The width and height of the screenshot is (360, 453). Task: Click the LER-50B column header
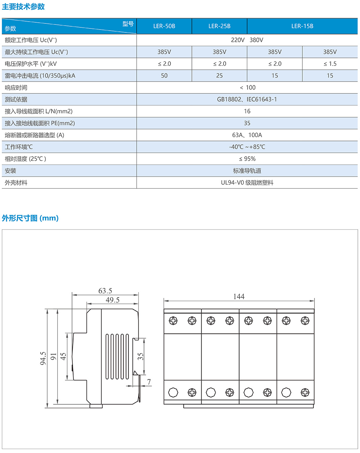164,26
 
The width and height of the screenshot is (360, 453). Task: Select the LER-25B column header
219,26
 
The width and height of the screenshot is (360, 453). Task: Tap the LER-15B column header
302,26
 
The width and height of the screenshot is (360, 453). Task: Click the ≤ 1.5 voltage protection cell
330,64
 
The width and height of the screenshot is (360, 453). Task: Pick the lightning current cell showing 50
164,76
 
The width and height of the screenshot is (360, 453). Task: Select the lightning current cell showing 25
219,76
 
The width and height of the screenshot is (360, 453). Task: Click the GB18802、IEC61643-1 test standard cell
247,99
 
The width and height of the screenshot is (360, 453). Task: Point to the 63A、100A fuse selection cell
247,135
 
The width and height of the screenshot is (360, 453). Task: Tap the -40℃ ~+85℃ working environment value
247,147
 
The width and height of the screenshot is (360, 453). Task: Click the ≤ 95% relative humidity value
247,159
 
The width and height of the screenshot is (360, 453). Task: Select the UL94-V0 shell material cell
247,183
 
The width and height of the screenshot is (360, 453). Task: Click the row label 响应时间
16,88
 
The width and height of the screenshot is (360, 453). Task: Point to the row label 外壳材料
16,183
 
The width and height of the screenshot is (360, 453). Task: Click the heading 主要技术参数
23,6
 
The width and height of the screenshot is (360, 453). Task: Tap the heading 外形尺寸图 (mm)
30,218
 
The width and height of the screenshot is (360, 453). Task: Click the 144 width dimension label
239,296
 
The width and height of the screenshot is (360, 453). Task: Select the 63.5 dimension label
105,291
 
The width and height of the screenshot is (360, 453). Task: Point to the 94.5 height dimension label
43,358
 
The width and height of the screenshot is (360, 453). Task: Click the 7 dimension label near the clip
149,382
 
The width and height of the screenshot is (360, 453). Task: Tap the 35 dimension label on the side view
140,356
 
